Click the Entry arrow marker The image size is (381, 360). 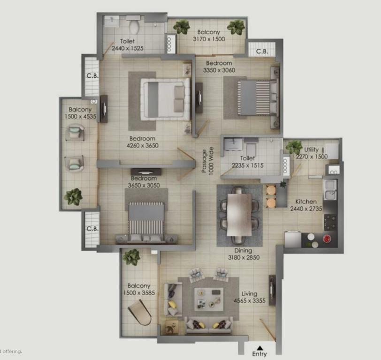[260, 348]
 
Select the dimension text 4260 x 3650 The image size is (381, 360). [143, 145]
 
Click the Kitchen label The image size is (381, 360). [306, 202]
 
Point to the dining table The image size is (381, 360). [239, 215]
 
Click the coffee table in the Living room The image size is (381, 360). [209, 299]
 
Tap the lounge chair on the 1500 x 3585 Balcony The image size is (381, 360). [140, 312]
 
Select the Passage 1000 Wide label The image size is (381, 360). [207, 160]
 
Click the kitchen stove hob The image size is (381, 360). [330, 222]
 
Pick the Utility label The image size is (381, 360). [311, 150]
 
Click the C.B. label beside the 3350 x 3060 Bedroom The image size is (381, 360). [262, 52]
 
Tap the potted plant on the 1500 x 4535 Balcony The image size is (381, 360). [73, 196]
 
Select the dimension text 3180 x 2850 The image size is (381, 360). [244, 257]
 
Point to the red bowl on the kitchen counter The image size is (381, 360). [327, 239]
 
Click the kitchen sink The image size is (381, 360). [330, 190]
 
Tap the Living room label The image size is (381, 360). [249, 294]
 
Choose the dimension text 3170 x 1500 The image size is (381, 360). [209, 39]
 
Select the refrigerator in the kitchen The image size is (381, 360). [293, 240]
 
